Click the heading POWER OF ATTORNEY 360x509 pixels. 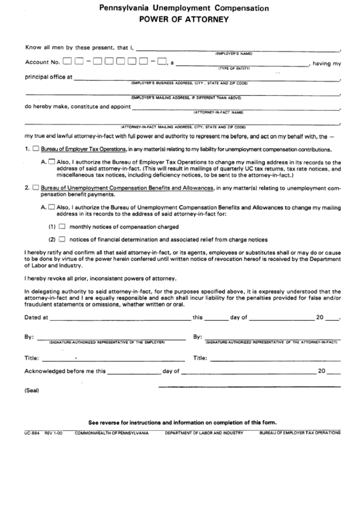click(x=179, y=20)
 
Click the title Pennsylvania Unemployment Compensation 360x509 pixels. click(x=179, y=9)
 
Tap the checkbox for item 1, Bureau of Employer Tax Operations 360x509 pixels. click(x=35, y=148)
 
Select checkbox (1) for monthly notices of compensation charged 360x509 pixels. click(x=61, y=226)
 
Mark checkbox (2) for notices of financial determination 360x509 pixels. click(x=61, y=239)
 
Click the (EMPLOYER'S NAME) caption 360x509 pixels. click(x=233, y=53)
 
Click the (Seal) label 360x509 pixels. click(x=32, y=391)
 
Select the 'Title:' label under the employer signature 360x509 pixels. click(x=32, y=357)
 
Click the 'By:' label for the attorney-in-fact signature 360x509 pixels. click(x=198, y=336)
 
